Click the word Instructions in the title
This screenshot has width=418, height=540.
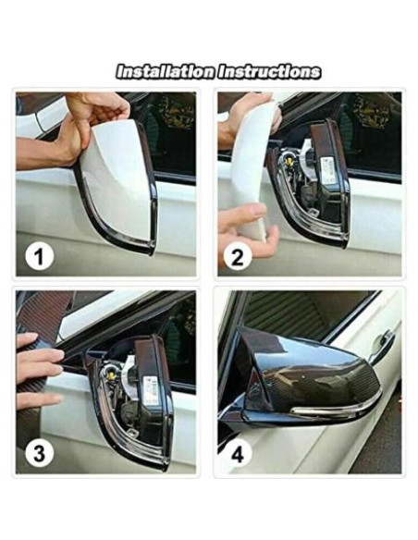click(x=269, y=71)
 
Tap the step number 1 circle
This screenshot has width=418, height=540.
click(x=38, y=256)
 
